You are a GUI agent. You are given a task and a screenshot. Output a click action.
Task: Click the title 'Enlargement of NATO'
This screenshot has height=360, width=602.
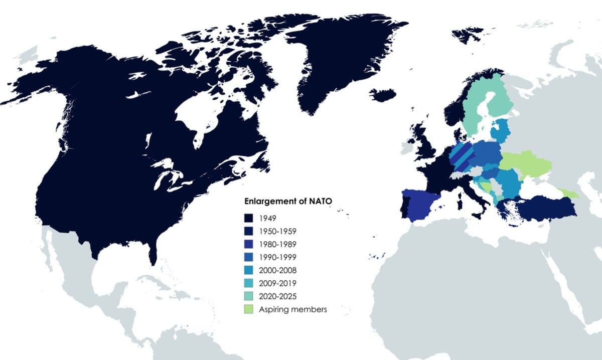click(288, 202)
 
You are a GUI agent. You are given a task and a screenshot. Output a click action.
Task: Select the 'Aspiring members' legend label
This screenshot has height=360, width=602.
click(293, 309)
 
